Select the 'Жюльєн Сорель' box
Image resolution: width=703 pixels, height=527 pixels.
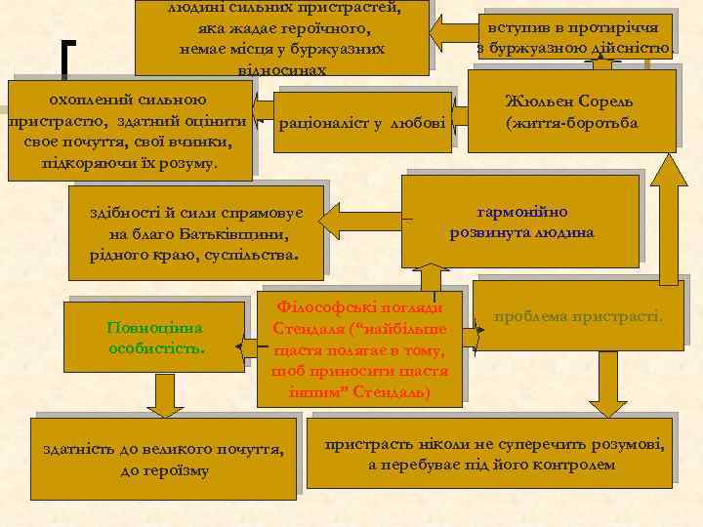coord(571,112)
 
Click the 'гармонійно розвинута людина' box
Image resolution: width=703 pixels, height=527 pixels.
coord(521,223)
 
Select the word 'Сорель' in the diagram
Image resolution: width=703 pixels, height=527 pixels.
coord(607,101)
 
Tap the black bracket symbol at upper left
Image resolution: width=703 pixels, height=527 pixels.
coord(65,57)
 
